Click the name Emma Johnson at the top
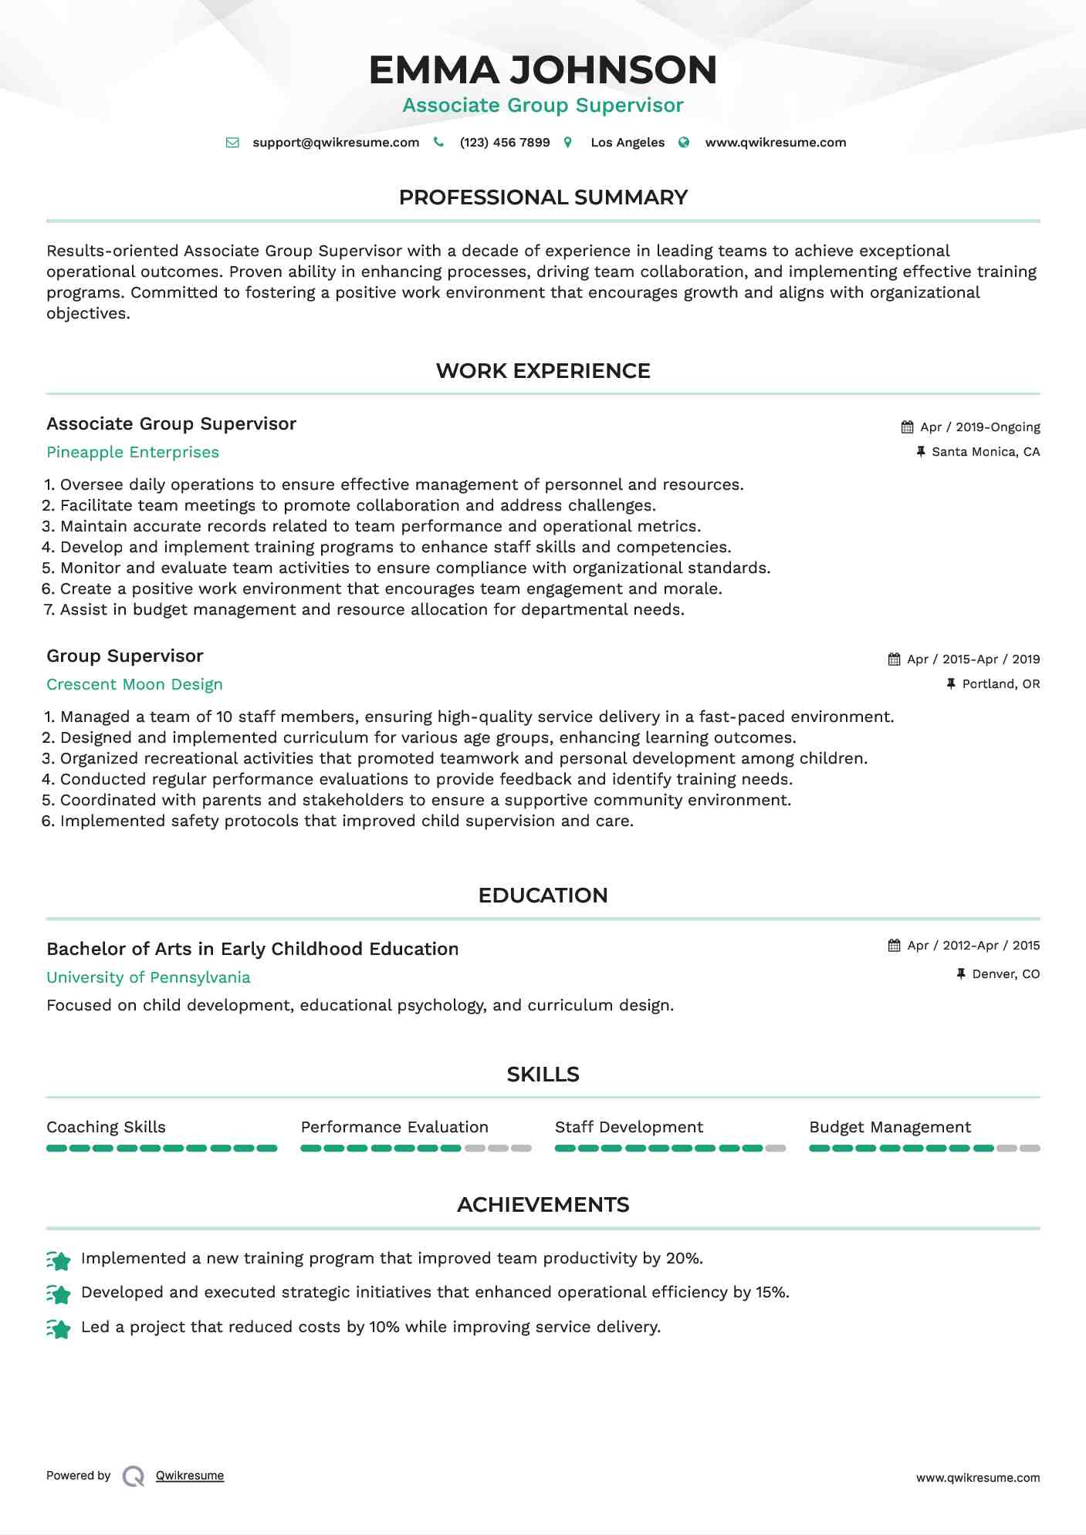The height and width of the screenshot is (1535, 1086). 543,69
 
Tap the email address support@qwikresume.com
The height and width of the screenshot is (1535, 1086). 336,143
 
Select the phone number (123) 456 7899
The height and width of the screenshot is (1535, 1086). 505,143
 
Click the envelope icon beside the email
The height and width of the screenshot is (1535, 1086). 232,143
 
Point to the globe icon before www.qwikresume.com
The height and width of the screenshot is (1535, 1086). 684,143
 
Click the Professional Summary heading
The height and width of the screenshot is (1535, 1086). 543,197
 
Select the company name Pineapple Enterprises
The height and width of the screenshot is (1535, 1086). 133,453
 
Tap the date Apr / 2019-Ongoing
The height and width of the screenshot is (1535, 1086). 980,427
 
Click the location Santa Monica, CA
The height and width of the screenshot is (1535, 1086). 986,452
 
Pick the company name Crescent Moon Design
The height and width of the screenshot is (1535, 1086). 134,685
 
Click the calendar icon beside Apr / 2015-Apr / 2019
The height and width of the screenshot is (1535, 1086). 894,660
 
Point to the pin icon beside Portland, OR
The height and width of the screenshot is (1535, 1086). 951,684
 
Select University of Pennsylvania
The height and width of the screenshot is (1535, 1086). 148,978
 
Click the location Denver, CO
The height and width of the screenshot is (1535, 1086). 1006,974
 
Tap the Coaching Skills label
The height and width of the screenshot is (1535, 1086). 106,1128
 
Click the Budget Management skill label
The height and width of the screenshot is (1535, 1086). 890,1128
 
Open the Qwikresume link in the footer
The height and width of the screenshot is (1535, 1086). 190,1476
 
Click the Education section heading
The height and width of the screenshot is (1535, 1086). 543,896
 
